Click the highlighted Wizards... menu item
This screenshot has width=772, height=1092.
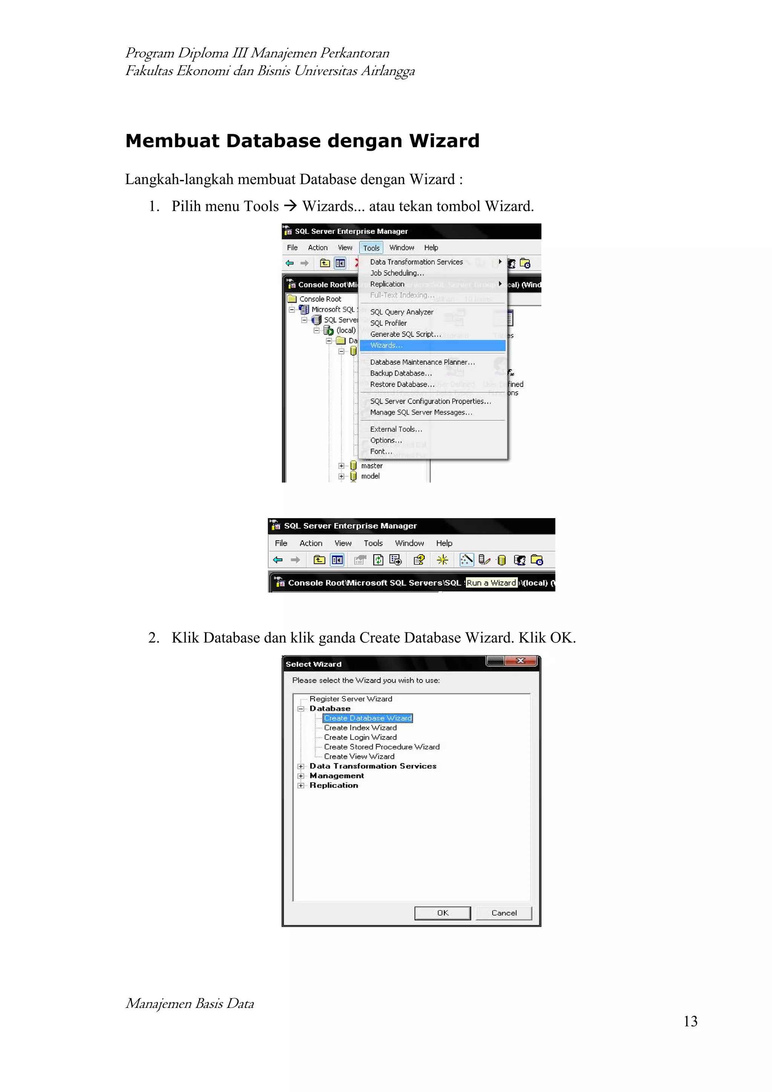pyautogui.click(x=386, y=345)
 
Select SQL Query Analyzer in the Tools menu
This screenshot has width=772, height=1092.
pyautogui.click(x=402, y=312)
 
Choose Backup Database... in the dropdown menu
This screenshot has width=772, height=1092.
pyautogui.click(x=401, y=373)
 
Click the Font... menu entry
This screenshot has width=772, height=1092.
pyautogui.click(x=381, y=451)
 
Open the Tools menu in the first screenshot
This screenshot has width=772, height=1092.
pyautogui.click(x=371, y=248)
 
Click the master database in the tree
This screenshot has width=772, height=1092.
pyautogui.click(x=371, y=466)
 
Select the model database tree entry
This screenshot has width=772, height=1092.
pyautogui.click(x=370, y=476)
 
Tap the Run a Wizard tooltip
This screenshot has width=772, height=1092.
pyautogui.click(x=491, y=583)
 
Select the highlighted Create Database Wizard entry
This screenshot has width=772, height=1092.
pyautogui.click(x=368, y=718)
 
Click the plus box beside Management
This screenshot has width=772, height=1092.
pyautogui.click(x=301, y=776)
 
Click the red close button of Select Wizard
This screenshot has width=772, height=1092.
pyautogui.click(x=521, y=661)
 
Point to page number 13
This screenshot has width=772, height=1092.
pyautogui.click(x=690, y=1021)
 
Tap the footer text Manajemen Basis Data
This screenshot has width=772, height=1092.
pyautogui.click(x=190, y=1003)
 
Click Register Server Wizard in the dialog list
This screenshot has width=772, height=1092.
pyautogui.click(x=351, y=699)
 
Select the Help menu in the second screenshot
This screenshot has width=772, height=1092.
pyautogui.click(x=444, y=543)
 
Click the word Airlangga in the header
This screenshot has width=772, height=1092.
pyautogui.click(x=388, y=71)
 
